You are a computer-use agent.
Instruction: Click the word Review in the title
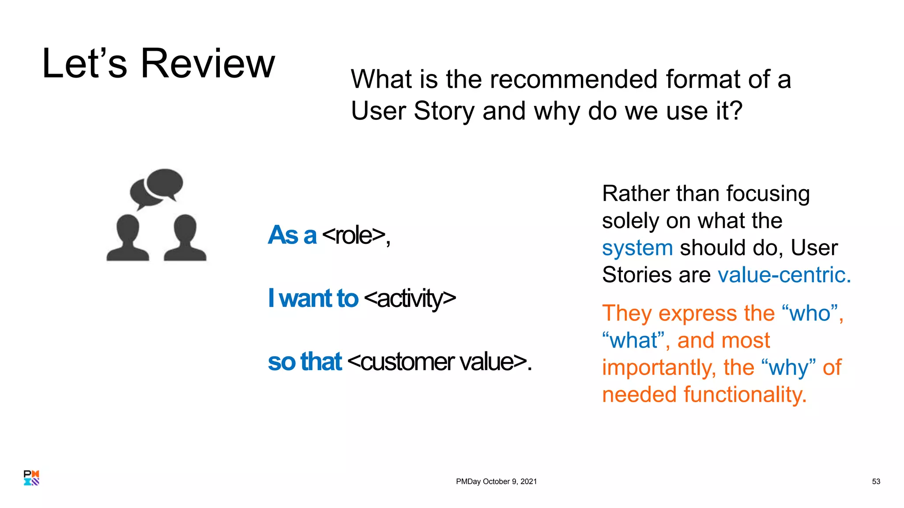click(207, 64)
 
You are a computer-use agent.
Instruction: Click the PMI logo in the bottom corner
click(31, 478)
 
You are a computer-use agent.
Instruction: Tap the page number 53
click(876, 482)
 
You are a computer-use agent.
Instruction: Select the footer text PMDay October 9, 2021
click(496, 482)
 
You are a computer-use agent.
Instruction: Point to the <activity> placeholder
click(410, 299)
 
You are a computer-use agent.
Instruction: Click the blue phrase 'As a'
click(292, 235)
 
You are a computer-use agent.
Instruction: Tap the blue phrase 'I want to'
click(313, 299)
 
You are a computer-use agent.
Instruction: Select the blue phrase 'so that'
click(305, 362)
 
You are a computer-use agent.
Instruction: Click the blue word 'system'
click(637, 248)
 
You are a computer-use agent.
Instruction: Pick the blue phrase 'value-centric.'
click(784, 275)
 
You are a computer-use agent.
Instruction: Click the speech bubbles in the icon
click(157, 187)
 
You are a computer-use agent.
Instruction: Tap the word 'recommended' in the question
click(573, 79)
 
